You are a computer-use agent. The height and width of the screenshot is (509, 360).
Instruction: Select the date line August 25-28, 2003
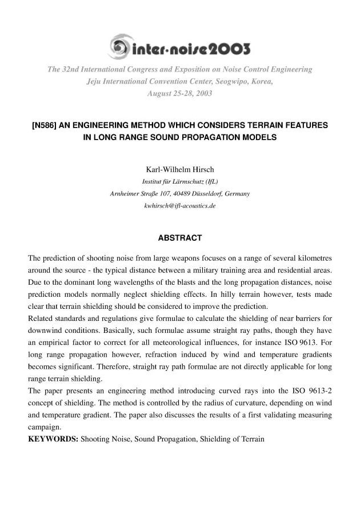[179, 93]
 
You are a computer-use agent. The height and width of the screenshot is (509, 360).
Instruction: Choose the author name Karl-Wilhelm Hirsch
[179, 170]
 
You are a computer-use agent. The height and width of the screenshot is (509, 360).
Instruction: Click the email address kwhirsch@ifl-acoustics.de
[179, 205]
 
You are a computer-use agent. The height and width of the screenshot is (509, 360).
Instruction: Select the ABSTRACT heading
[179, 237]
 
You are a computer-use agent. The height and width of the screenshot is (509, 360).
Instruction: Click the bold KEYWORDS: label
[54, 440]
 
